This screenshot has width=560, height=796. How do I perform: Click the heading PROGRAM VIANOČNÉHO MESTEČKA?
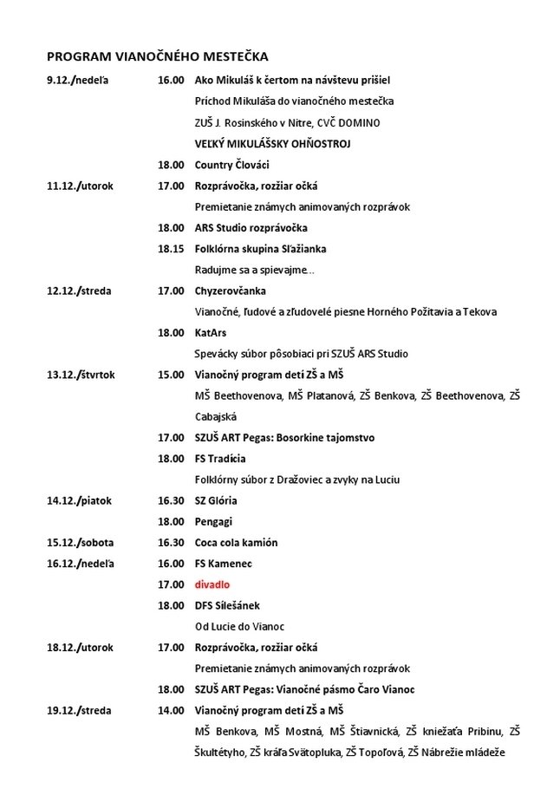[x=157, y=56]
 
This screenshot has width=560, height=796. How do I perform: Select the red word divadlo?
[x=212, y=584]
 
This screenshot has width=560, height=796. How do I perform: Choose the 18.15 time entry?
[x=171, y=249]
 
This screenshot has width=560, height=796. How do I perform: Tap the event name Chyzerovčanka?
[x=230, y=290]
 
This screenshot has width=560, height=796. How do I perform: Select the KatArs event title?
[x=212, y=332]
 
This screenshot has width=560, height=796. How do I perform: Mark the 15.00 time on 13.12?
[x=171, y=375]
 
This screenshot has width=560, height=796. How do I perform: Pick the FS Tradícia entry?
[x=220, y=459]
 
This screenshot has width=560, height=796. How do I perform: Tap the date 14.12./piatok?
[x=80, y=500]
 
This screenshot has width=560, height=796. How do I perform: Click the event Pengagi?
[x=213, y=522]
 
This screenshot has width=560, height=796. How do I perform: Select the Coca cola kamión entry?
[x=236, y=543]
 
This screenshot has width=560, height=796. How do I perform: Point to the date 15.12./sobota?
[x=80, y=543]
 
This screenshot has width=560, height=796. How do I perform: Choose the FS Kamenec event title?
[x=225, y=564]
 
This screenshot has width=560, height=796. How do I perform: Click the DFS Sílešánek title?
[x=227, y=605]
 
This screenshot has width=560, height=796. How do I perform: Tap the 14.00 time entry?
[x=171, y=710]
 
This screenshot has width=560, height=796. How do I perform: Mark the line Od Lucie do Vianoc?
[x=239, y=626]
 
